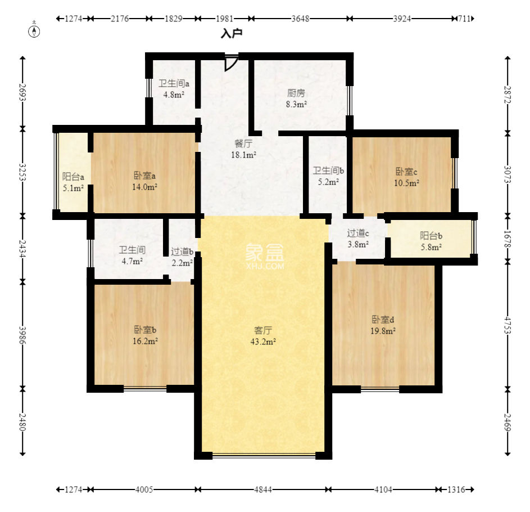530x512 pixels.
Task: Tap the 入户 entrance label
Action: point(231,34)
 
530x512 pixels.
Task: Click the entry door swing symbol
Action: point(230,62)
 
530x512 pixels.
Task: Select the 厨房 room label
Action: point(297,93)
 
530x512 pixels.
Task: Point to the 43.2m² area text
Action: point(265,342)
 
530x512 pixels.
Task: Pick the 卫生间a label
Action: point(174,84)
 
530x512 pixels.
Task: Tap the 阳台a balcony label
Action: point(73,177)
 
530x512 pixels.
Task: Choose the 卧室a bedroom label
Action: point(145,176)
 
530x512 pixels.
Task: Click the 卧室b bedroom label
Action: point(145,329)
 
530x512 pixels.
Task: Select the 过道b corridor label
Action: point(182,251)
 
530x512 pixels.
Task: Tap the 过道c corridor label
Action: point(358,233)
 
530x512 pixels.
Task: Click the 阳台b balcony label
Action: point(431,236)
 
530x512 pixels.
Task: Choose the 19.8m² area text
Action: point(384,331)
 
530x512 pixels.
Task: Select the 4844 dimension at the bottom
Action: point(262,490)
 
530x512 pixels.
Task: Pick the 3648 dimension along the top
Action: point(300,19)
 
